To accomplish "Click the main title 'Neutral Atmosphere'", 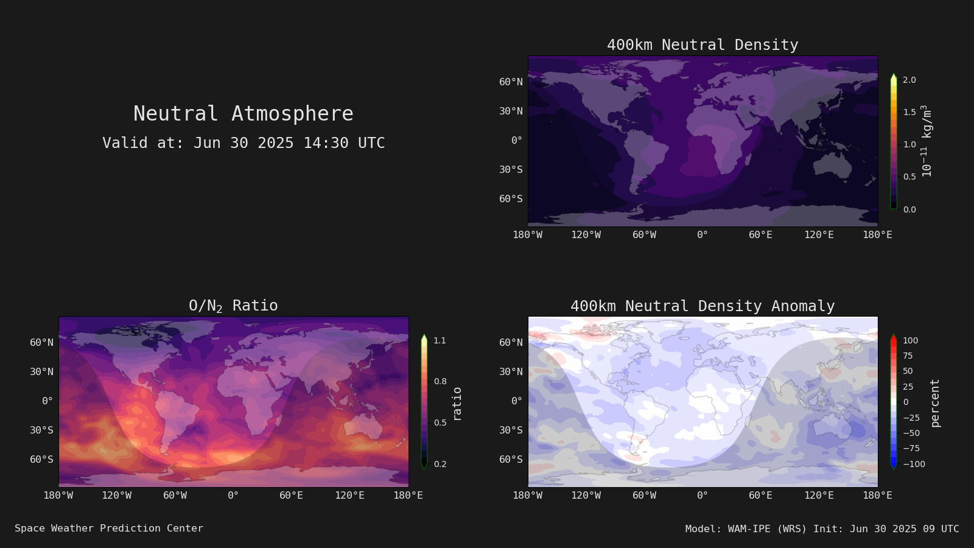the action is tap(243, 113).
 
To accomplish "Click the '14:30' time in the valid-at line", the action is tap(326, 143).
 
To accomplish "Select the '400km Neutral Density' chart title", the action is tap(702, 45).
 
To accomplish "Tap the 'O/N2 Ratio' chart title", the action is tap(233, 306).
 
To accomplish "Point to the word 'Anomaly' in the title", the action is tap(803, 306).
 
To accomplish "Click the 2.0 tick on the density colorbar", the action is tap(909, 80).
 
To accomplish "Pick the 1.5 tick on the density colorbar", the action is tap(909, 112).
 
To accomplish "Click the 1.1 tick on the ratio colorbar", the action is tap(440, 340).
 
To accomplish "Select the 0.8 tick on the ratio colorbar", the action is tap(440, 381).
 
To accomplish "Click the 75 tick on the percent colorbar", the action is tap(908, 356).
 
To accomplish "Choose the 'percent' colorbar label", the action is tap(935, 403).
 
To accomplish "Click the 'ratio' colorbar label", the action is tap(457, 404).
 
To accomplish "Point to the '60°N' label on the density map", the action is tap(511, 82).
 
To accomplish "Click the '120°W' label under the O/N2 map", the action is tap(116, 496).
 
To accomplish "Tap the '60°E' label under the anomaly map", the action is tap(760, 496).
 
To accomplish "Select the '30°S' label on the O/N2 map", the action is tap(42, 430).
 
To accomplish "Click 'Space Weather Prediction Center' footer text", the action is tap(109, 529).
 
